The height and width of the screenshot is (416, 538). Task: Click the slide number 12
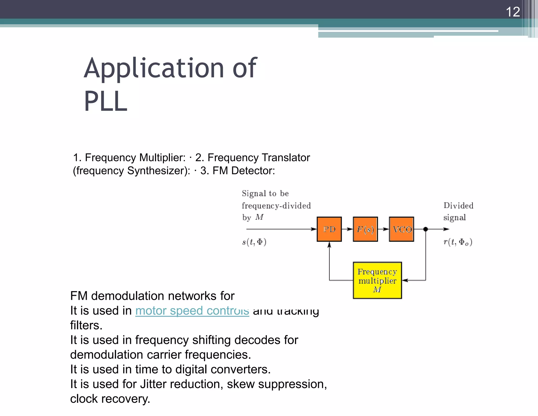point(513,12)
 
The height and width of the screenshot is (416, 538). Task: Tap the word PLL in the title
point(106,101)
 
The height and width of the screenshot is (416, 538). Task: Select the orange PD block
point(329,229)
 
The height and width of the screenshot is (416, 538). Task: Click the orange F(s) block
point(365,229)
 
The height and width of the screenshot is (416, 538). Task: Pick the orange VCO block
point(401,229)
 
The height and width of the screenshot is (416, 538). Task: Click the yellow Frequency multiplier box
point(377,280)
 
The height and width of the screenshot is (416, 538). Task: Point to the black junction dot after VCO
point(426,229)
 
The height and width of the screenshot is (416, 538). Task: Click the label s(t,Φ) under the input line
point(254,242)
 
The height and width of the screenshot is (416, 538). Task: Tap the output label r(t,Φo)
point(458,242)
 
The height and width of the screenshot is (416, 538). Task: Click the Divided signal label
point(458,211)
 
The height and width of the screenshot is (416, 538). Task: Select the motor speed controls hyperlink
point(192,311)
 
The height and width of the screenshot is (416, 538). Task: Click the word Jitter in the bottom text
point(153,384)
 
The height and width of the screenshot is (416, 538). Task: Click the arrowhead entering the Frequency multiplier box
point(405,280)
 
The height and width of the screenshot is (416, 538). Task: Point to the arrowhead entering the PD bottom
point(329,245)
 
